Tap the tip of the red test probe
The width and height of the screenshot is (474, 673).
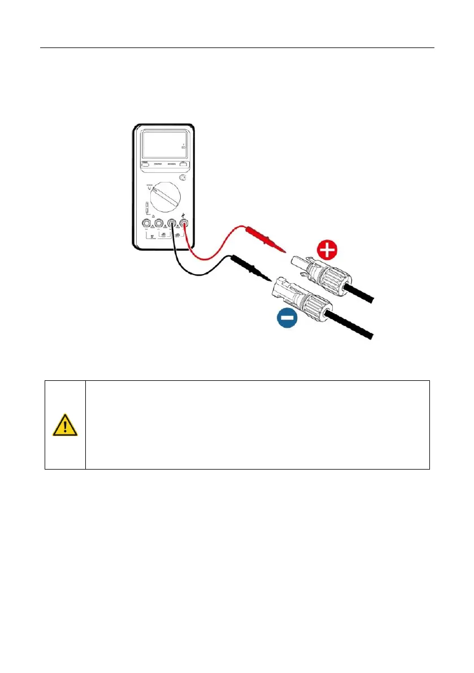(x=287, y=252)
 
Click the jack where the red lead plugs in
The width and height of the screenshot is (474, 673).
(x=184, y=223)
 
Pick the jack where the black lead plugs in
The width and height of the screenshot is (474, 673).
(x=172, y=223)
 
